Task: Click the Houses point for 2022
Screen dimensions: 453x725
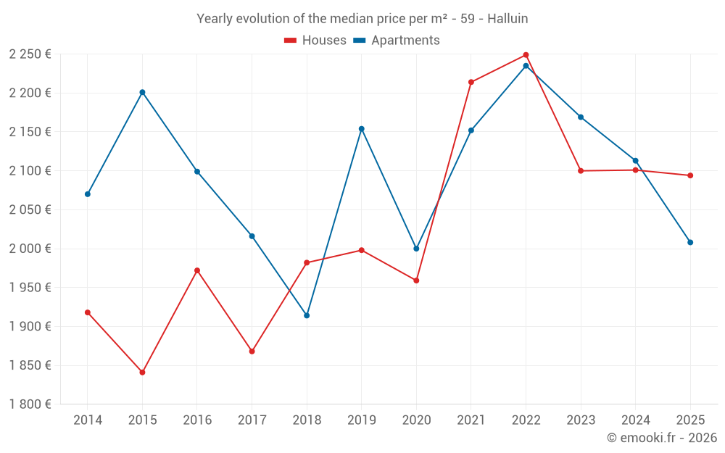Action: point(526,55)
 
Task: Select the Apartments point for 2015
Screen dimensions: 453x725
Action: point(142,92)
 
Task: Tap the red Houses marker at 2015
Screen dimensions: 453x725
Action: point(142,373)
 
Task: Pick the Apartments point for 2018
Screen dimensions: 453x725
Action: point(307,315)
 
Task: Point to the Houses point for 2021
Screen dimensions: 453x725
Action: point(471,82)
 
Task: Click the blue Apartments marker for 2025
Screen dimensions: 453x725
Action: point(690,242)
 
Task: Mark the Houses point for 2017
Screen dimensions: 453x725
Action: point(252,352)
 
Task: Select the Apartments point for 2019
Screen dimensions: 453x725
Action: point(362,129)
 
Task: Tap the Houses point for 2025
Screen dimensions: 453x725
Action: point(690,175)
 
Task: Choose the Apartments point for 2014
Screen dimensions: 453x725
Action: point(88,194)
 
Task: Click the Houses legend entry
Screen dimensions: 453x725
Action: point(315,41)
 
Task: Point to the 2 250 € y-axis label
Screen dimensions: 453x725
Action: point(30,54)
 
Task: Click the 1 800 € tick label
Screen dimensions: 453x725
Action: point(30,404)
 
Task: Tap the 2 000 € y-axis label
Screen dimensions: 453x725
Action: point(30,249)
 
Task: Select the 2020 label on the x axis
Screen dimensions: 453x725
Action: point(416,420)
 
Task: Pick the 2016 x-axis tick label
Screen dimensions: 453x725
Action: point(197,420)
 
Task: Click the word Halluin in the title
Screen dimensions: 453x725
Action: point(507,19)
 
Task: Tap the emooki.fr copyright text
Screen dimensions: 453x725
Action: point(662,438)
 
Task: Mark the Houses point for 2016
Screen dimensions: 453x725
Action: point(197,270)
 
